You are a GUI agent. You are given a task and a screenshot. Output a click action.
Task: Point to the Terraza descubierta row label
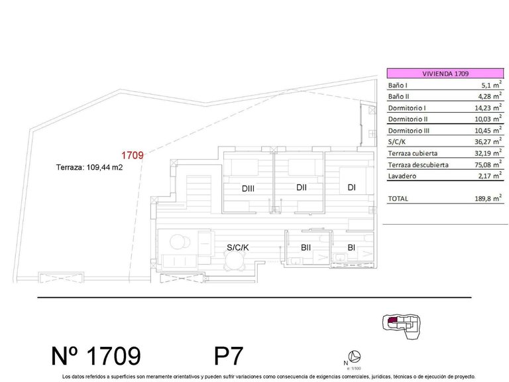(x=418, y=164)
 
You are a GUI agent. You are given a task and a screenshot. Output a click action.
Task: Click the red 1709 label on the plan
(x=133, y=156)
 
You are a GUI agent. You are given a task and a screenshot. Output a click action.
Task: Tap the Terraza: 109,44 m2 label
(x=90, y=168)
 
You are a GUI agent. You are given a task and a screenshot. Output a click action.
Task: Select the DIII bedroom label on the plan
(x=249, y=189)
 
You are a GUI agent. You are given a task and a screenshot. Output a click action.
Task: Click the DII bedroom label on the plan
(x=302, y=188)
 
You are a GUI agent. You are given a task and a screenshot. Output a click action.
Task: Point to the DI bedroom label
(x=351, y=188)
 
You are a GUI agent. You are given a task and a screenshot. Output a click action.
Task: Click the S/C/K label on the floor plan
(x=237, y=247)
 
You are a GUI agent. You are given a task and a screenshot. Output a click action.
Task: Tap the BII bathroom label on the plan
(x=306, y=248)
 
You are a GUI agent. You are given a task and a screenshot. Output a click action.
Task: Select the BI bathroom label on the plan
(x=351, y=248)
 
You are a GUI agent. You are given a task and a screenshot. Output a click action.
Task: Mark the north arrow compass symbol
(x=355, y=356)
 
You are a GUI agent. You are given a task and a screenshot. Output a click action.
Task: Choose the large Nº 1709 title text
(x=96, y=356)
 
